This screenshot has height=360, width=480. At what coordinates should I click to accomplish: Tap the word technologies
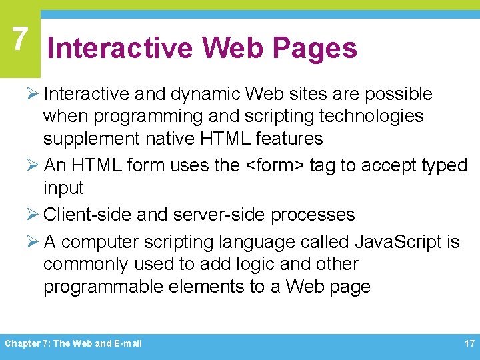point(371,116)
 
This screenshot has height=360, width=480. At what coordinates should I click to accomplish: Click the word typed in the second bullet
point(444,165)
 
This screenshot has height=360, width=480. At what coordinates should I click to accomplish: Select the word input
point(63,188)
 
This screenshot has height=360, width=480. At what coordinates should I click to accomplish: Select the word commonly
point(86,264)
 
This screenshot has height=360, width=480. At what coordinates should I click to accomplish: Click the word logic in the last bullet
point(253,264)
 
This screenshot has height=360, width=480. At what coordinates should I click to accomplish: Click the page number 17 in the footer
point(469,344)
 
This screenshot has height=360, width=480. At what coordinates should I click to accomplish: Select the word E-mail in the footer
point(128,344)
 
